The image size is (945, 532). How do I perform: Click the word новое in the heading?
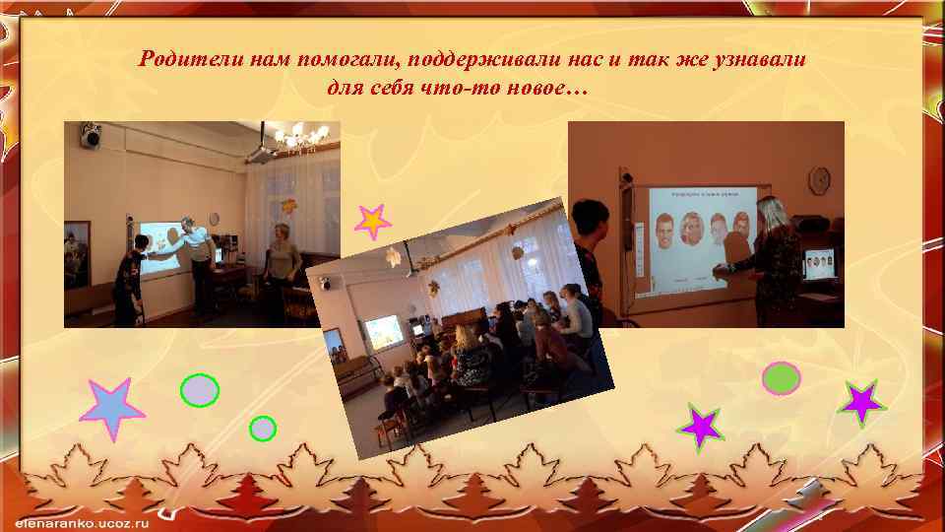pos(533,89)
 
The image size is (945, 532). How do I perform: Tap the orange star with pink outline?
pos(372,222)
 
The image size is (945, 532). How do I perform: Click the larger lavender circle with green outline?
pos(200,391)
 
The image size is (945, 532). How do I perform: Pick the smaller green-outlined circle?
pos(263,428)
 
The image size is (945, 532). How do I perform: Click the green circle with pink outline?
pos(782,378)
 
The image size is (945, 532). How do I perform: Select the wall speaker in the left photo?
pos(92,134)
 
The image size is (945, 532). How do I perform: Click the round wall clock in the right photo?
pos(819,180)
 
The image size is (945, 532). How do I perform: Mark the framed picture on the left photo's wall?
pos(75,251)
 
